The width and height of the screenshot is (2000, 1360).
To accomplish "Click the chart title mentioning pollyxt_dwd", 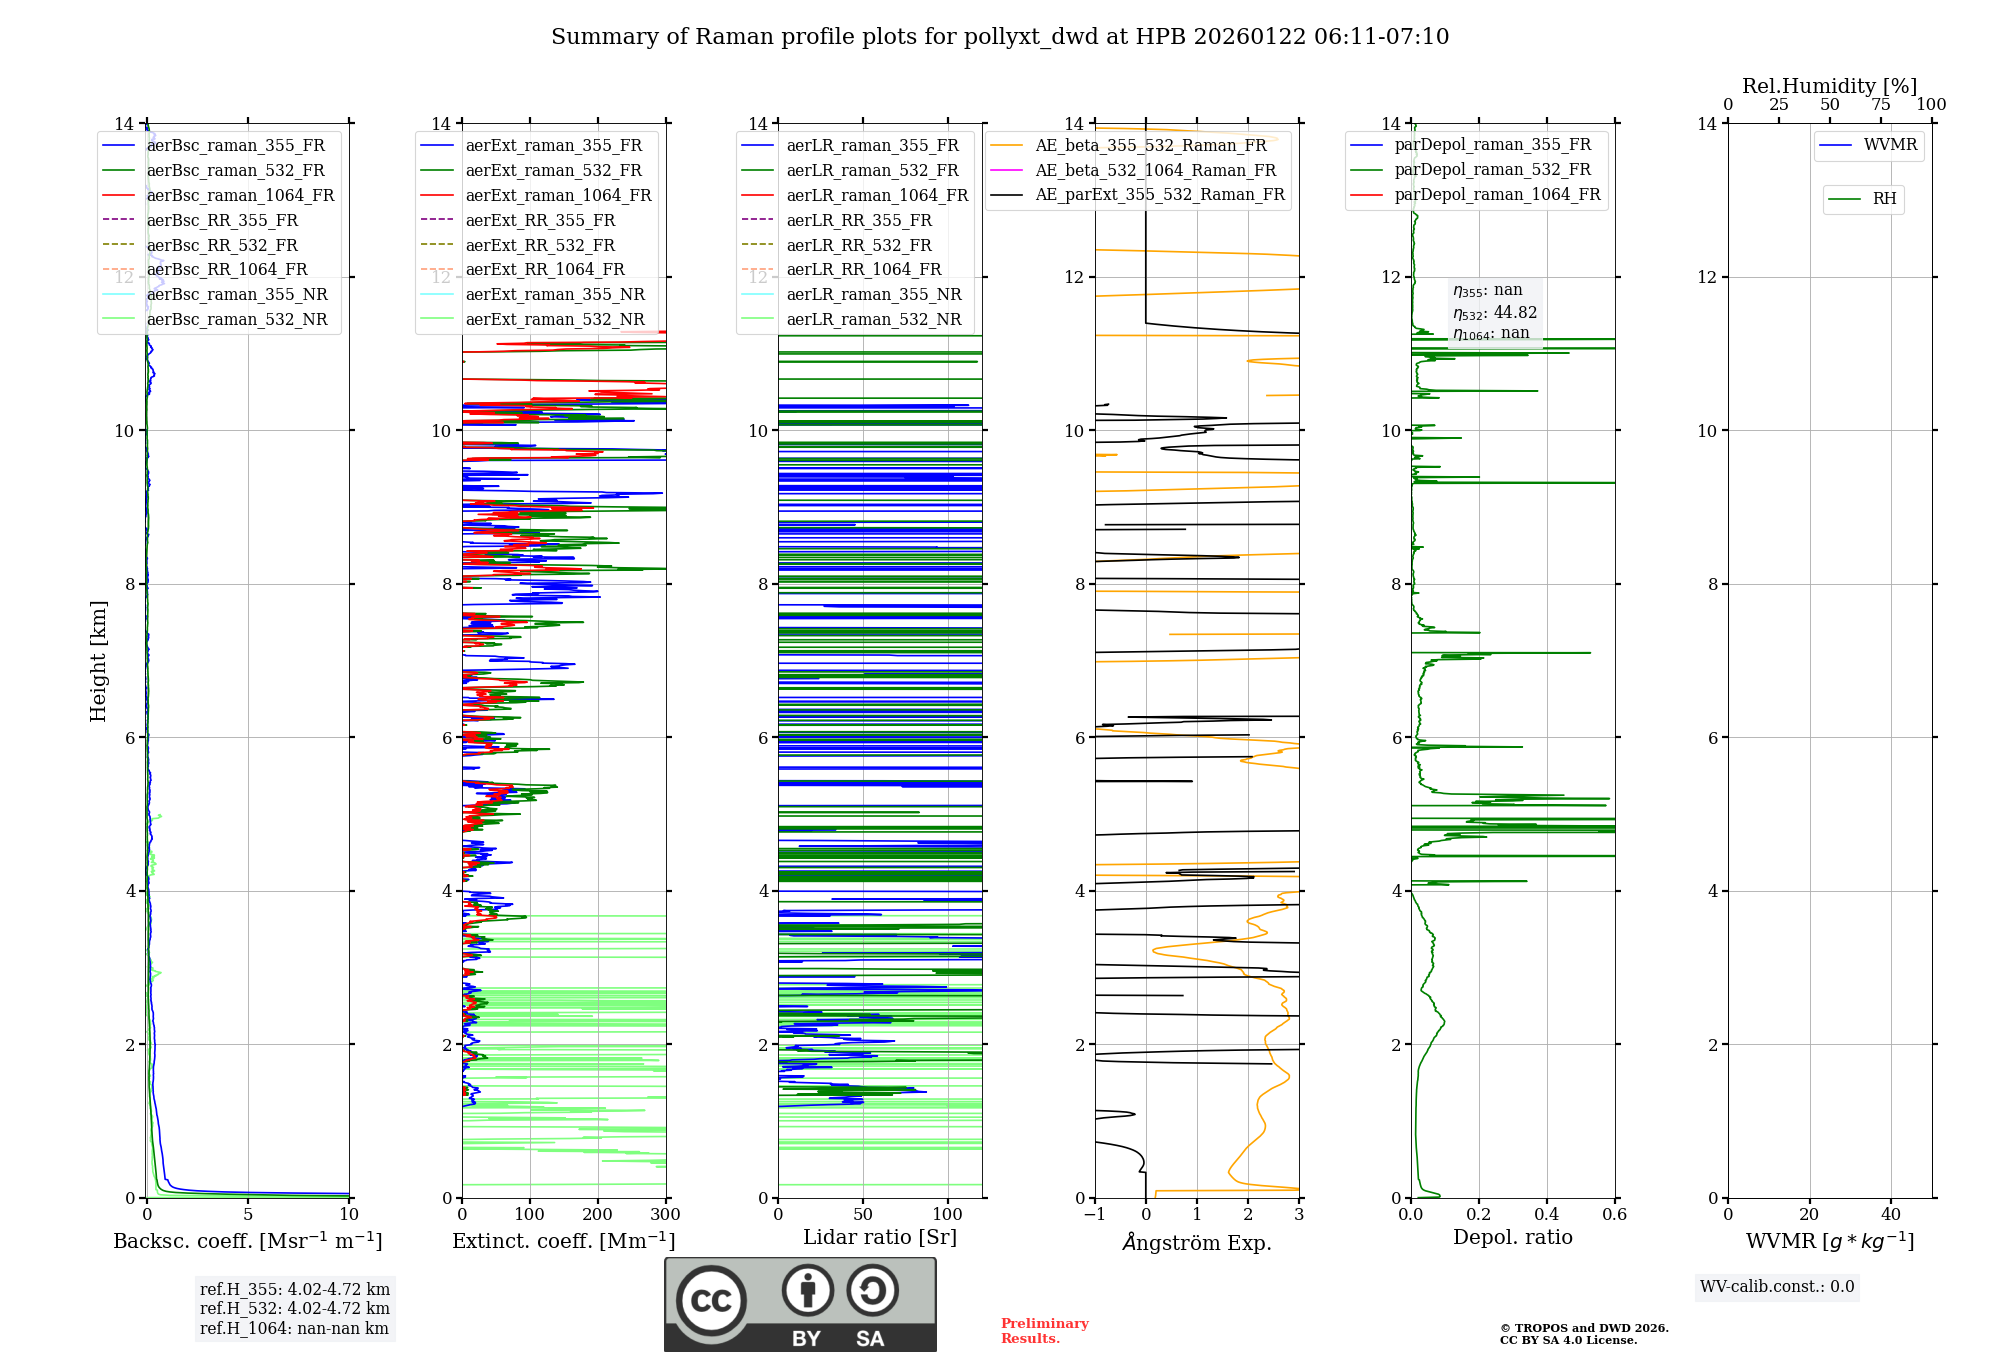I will (1000, 37).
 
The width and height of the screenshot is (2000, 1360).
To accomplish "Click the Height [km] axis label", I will (98, 660).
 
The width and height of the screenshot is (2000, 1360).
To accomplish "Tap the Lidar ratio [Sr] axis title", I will (880, 1237).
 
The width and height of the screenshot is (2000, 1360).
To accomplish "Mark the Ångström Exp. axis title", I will (1197, 1242).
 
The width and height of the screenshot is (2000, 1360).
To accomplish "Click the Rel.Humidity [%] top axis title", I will (1829, 86).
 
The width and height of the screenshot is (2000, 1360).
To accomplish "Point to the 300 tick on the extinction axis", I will (665, 1215).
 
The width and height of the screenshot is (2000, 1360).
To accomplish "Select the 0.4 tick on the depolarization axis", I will (1547, 1215).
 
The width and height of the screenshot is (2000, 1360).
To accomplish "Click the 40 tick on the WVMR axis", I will (1891, 1215).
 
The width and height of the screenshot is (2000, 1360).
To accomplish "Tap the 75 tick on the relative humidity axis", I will (1880, 105).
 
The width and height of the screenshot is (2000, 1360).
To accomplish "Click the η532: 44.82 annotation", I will (1495, 313).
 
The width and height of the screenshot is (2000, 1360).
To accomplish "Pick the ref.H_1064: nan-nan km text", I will (294, 1328).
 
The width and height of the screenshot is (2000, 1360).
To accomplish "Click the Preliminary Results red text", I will (1044, 1331).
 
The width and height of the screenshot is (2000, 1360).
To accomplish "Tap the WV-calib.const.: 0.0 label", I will (1777, 1287).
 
